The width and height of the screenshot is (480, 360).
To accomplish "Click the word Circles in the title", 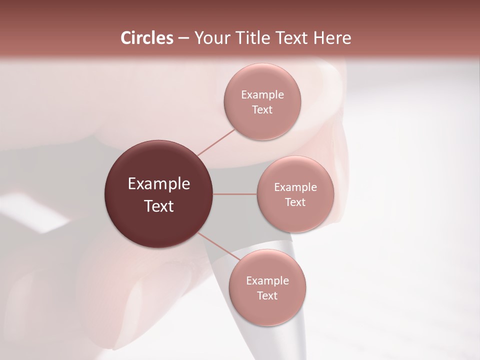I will coord(146,38).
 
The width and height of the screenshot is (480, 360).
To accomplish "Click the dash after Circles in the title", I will coord(183,38).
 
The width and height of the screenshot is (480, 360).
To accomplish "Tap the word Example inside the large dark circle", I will coord(158,184).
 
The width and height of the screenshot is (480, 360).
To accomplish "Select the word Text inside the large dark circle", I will coord(158,206).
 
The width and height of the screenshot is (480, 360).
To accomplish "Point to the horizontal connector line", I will coord(234,194).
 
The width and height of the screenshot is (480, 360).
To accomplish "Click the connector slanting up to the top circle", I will coord(215,142).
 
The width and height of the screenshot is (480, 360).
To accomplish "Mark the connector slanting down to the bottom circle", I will coord(217,247).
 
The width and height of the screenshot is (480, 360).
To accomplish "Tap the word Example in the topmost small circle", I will coord(262,95).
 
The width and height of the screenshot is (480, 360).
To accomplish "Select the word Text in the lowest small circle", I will coord(267,295).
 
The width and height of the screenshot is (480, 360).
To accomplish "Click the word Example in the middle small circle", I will coord(295,187).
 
